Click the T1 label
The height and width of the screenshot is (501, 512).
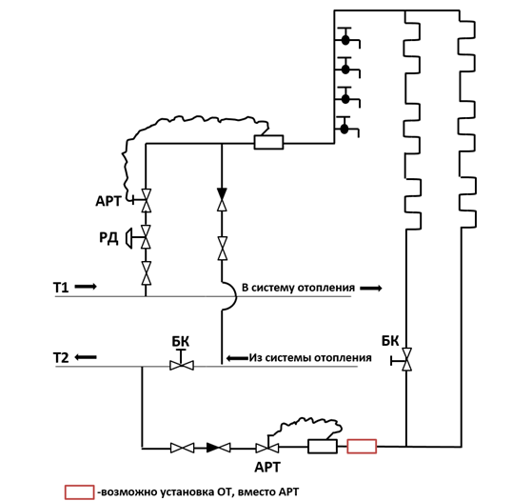click(61, 288)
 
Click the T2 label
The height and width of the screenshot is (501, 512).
click(61, 358)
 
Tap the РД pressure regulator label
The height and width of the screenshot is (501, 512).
click(108, 237)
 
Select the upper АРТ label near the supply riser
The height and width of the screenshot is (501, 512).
click(108, 201)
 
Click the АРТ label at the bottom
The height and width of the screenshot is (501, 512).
click(267, 468)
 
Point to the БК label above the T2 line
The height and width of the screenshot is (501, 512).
click(181, 342)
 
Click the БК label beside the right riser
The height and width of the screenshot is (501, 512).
click(390, 341)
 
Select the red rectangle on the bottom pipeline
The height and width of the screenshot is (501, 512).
click(362, 447)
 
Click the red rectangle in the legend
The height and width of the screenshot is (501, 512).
click(79, 492)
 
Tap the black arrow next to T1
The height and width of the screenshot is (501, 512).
click(86, 287)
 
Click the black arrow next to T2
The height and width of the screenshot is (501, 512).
click(86, 357)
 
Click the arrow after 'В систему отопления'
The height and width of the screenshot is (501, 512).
click(371, 289)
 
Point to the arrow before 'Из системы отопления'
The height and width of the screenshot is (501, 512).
click(237, 358)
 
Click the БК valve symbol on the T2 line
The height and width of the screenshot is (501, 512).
click(182, 362)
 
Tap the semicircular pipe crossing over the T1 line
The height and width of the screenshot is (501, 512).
click(234, 296)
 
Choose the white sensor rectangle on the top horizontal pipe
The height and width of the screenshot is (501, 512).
click(268, 142)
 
